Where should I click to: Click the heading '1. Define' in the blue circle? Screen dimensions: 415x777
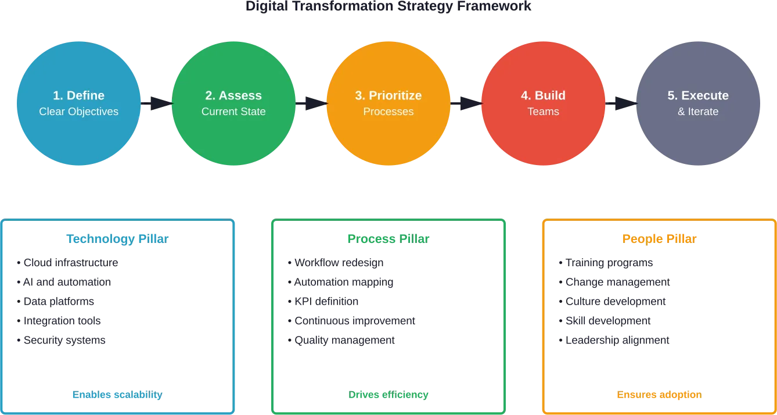pyautogui.click(x=78, y=95)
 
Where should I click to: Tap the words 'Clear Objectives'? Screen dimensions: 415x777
pyautogui.click(x=78, y=112)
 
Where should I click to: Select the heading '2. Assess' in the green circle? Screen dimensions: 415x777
pyautogui.click(x=233, y=95)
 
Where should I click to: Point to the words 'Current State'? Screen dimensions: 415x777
pyautogui.click(x=233, y=112)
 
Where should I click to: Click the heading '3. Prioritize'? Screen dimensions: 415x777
pyautogui.click(x=388, y=95)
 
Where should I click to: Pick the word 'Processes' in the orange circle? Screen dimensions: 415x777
pyautogui.click(x=388, y=112)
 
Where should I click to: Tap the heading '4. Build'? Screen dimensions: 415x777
pyautogui.click(x=543, y=95)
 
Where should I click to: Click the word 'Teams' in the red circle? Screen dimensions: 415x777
pyautogui.click(x=543, y=112)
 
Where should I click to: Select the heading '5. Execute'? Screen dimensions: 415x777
pyautogui.click(x=698, y=95)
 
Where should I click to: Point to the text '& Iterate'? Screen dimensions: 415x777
pyautogui.click(x=698, y=112)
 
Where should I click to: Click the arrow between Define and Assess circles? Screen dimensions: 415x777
pyautogui.click(x=156, y=103)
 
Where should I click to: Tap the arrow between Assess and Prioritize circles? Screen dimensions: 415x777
pyautogui.click(x=311, y=103)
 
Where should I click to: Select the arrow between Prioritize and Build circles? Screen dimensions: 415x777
pyautogui.click(x=466, y=103)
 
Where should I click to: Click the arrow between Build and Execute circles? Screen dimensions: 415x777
pyautogui.click(x=621, y=103)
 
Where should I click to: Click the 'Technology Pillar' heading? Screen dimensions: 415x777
pyautogui.click(x=118, y=239)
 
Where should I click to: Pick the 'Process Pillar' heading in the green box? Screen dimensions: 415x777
pyautogui.click(x=388, y=239)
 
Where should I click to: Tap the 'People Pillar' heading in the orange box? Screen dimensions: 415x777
pyautogui.click(x=659, y=239)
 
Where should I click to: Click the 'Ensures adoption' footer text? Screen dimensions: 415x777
pyautogui.click(x=658, y=395)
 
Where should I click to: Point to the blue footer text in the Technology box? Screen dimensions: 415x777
pyautogui.click(x=116, y=395)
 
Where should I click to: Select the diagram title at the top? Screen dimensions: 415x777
pyautogui.click(x=388, y=8)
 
